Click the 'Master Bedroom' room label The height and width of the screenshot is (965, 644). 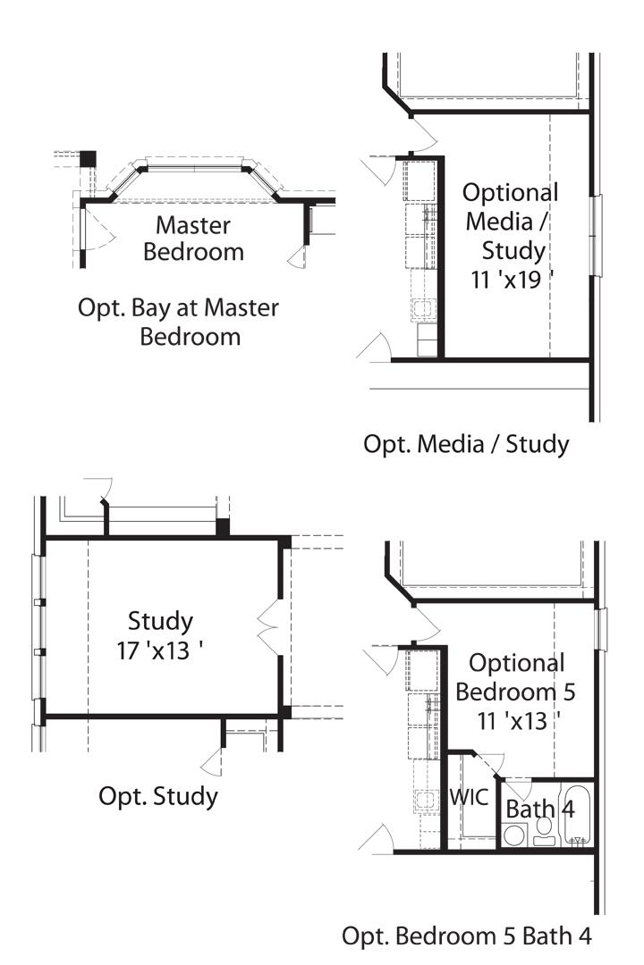coord(193,239)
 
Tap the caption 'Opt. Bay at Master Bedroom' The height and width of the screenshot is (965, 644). coord(178,323)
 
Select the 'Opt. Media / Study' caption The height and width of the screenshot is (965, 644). coord(465,443)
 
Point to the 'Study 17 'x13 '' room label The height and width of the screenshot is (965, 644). coord(160,634)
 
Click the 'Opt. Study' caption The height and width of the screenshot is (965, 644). coord(157,795)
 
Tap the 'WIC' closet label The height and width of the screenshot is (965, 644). coord(469,797)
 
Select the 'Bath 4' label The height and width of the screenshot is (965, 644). coord(540,809)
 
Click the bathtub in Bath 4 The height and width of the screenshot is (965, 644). coord(578,815)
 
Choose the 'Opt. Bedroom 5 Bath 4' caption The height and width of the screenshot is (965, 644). coord(466,936)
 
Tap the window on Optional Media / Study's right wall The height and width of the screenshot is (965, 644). coord(596,232)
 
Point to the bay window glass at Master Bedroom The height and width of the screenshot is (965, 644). coord(194,164)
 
